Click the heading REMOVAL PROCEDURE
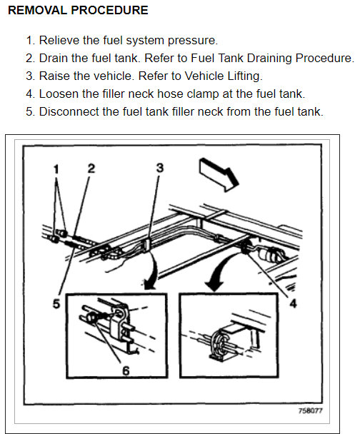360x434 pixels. click(x=78, y=10)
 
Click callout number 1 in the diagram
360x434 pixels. click(x=56, y=169)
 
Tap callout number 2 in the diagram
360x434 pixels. click(x=91, y=168)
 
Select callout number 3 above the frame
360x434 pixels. click(x=160, y=168)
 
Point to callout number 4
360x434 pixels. click(x=293, y=303)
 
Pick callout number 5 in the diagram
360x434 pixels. click(x=56, y=303)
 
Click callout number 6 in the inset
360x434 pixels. click(x=126, y=370)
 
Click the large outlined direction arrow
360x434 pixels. click(x=219, y=174)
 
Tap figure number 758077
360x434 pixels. click(x=311, y=410)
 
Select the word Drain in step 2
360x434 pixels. click(x=53, y=58)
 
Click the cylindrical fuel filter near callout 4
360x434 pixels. click(x=271, y=254)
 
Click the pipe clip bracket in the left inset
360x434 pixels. click(x=120, y=322)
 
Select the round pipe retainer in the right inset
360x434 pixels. click(x=221, y=343)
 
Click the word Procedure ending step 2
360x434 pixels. click(x=325, y=58)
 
